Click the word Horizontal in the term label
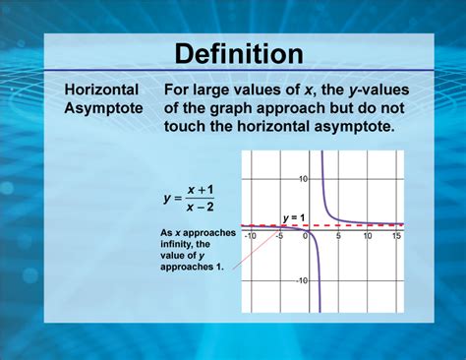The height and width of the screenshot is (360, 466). (101, 90)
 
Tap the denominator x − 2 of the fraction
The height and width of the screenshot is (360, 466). (202, 207)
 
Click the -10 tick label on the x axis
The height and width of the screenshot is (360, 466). (250, 237)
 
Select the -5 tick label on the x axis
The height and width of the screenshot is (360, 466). (279, 237)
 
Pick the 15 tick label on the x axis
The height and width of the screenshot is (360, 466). (395, 237)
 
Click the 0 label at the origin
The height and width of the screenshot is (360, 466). (305, 237)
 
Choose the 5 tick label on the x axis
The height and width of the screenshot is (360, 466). (338, 237)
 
